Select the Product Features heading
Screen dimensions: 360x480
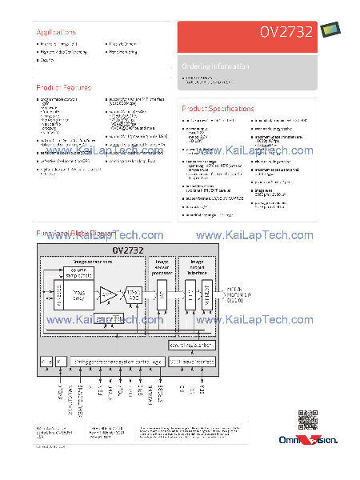tap(63, 87)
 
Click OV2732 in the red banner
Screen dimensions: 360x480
tap(284, 33)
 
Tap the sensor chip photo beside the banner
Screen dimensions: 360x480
tap(330, 30)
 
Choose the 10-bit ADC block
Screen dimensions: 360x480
tap(133, 296)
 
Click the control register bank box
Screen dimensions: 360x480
tap(192, 346)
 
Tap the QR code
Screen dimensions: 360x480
tap(307, 419)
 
